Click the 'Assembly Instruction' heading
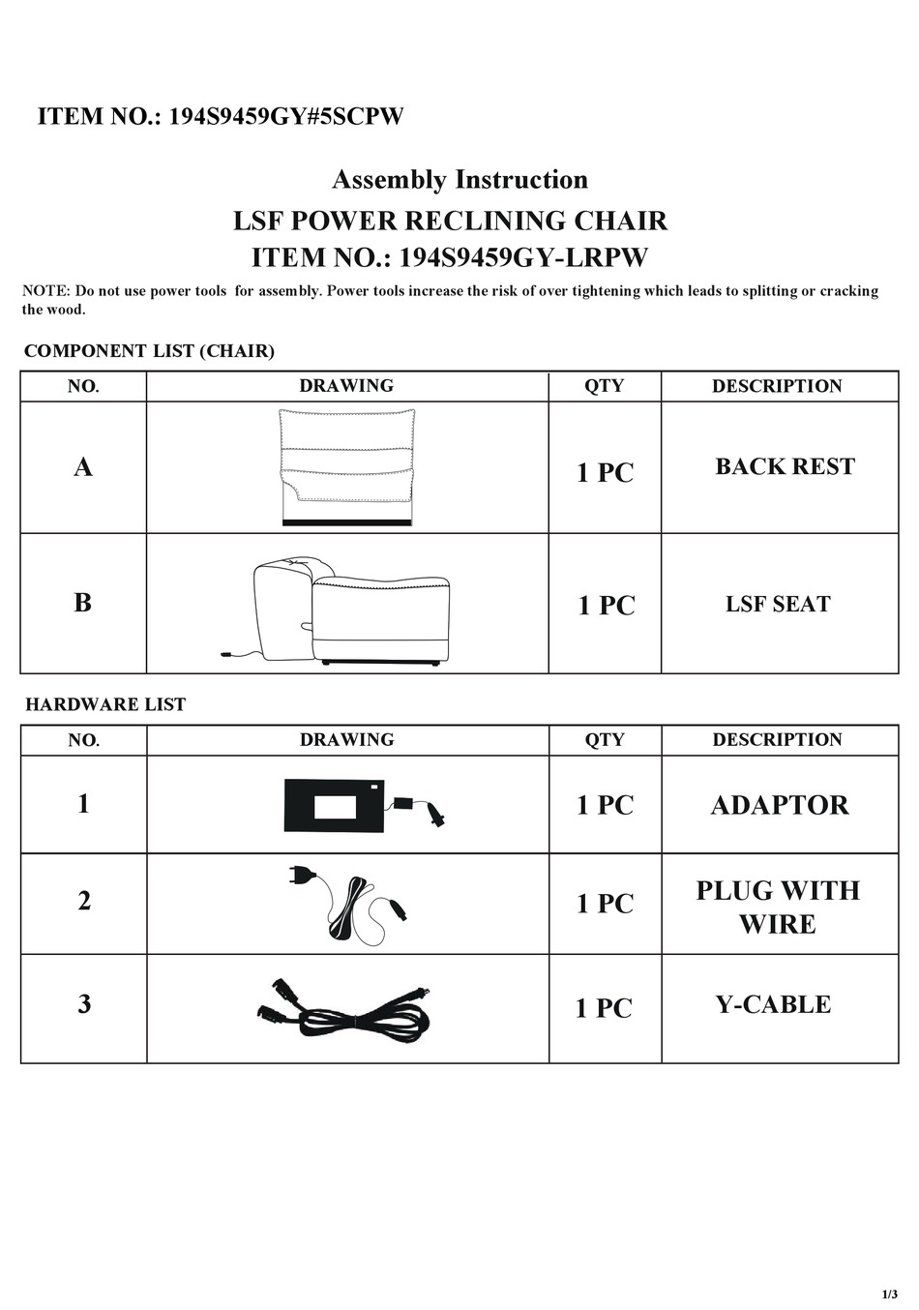(459, 180)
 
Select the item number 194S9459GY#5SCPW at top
(221, 117)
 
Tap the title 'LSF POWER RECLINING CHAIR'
(450, 222)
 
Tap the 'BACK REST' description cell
(785, 467)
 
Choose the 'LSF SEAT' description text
(778, 605)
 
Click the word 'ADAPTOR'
(780, 805)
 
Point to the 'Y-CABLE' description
(773, 1004)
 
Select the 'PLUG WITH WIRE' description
(778, 907)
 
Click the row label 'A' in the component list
(83, 468)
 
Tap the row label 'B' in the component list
(83, 603)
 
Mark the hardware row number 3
(84, 1004)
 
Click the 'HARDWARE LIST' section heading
(105, 705)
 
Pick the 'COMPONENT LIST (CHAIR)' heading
(149, 351)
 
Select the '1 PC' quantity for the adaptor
(605, 805)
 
